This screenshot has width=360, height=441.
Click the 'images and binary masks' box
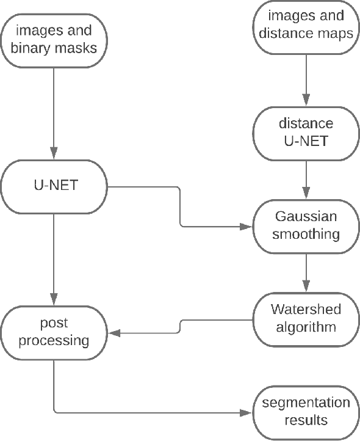[x=54, y=38]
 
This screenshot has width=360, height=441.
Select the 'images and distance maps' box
[x=306, y=26]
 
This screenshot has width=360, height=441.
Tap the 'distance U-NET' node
[x=306, y=132]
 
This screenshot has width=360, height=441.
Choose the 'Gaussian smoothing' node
[x=306, y=225]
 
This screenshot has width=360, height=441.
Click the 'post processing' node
[x=54, y=332]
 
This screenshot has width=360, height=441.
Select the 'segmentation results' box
[x=306, y=412]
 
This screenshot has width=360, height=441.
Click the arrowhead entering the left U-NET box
[x=54, y=155]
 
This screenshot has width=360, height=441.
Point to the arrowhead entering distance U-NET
[x=306, y=103]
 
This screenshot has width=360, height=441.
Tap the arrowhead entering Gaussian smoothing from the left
[x=248, y=227]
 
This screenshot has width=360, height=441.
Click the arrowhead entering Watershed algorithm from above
[x=306, y=288]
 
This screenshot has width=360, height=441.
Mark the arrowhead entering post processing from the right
[x=114, y=333]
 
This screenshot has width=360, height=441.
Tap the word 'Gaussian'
[x=306, y=217]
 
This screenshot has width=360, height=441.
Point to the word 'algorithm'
[x=306, y=327]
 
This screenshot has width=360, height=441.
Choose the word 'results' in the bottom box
[x=306, y=420]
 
